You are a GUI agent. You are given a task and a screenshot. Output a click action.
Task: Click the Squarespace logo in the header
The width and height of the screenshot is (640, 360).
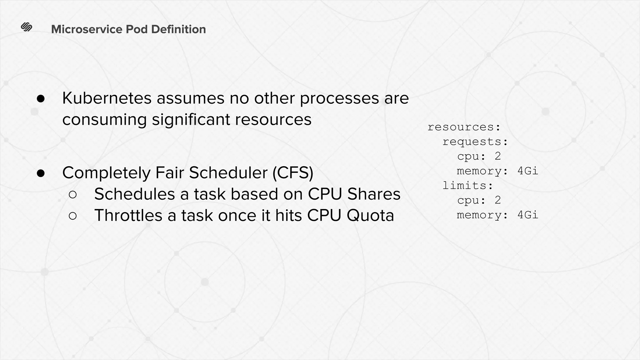click(27, 27)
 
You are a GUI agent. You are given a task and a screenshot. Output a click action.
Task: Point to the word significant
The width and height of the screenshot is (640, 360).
click(191, 119)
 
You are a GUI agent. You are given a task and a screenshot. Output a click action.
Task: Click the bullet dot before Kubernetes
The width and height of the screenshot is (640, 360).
click(41, 99)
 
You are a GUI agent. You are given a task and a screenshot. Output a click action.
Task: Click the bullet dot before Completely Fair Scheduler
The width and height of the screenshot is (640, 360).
click(41, 173)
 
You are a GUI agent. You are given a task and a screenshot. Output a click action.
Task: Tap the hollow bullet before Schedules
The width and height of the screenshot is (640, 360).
click(72, 195)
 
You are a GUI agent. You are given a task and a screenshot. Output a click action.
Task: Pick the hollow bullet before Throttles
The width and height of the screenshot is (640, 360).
click(72, 216)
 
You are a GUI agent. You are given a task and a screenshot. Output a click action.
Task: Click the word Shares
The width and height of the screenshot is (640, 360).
click(374, 194)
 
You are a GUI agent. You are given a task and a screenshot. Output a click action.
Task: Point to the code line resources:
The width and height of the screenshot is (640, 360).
click(464, 127)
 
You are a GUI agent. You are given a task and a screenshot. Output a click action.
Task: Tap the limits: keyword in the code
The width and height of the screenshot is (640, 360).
click(468, 186)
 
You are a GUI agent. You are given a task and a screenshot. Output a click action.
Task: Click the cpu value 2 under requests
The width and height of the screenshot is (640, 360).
click(498, 156)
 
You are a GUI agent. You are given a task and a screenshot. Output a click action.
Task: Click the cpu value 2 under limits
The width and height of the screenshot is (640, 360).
click(498, 200)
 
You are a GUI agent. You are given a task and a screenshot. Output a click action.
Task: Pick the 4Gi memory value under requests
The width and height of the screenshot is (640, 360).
click(527, 171)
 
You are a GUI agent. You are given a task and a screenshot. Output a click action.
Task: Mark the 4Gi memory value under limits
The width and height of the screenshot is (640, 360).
click(527, 215)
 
